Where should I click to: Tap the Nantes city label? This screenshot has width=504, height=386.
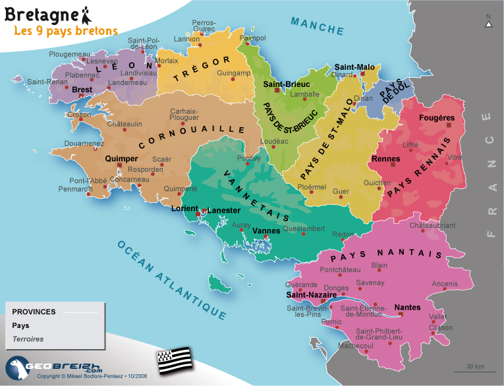pyautogui.click(x=407, y=307)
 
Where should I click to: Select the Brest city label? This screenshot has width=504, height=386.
pyautogui.click(x=82, y=89)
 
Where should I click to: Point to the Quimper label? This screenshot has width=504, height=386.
pyautogui.click(x=121, y=159)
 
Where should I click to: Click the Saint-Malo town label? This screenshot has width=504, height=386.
pyautogui.click(x=354, y=67)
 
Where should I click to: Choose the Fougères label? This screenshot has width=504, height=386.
pyautogui.click(x=436, y=118)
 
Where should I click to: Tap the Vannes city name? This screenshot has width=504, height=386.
pyautogui.click(x=267, y=231)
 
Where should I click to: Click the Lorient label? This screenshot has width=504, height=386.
pyautogui.click(x=184, y=208)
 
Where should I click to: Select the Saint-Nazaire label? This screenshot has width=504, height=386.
pyautogui.click(x=312, y=294)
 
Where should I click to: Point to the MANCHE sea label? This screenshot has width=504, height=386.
pyautogui.click(x=318, y=26)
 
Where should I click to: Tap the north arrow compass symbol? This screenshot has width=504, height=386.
pyautogui.click(x=488, y=22)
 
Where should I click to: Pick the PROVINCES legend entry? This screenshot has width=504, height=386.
pyautogui.click(x=34, y=312)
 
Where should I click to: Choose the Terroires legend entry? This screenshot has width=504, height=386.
pyautogui.click(x=28, y=339)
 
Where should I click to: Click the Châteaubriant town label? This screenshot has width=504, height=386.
pyautogui.click(x=432, y=225)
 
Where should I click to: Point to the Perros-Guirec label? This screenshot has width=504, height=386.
pyautogui.click(x=204, y=26)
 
